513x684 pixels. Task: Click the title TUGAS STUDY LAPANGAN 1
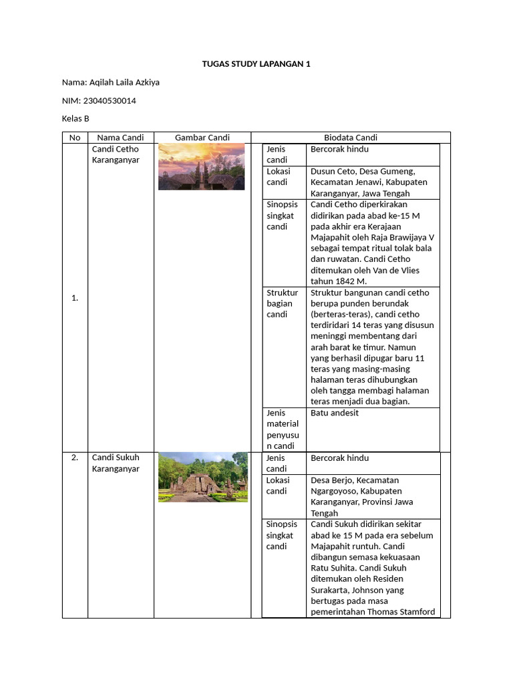point(256,64)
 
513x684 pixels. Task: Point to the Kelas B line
point(75,118)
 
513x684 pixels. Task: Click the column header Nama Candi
point(120,138)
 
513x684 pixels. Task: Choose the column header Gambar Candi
point(202,138)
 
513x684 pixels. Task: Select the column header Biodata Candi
point(350,138)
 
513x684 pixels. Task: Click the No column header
point(75,138)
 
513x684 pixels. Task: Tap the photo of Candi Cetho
point(202,167)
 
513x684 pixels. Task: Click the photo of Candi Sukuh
point(202,477)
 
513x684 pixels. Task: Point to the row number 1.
point(75,298)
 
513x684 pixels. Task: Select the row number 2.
point(75,458)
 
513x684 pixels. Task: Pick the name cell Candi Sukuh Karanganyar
point(116,463)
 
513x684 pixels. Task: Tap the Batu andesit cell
point(335,413)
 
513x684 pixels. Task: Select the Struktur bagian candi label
point(282,303)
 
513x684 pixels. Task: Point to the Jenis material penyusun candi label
point(283,429)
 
